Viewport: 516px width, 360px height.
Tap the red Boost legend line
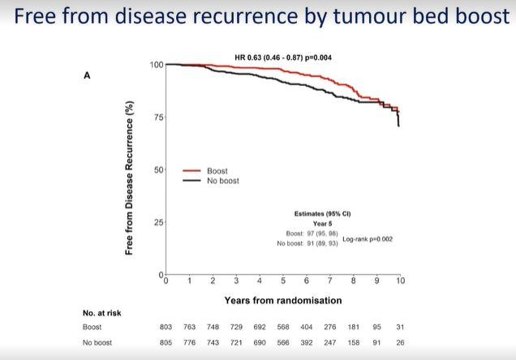point(191,171)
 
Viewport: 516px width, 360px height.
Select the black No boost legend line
point(191,181)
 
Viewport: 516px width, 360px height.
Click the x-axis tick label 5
point(283,281)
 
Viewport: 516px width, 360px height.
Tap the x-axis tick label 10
point(400,281)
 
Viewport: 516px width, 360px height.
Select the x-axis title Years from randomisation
point(282,300)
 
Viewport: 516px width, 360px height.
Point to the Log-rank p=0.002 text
point(370,239)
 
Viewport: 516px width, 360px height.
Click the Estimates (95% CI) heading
point(321,214)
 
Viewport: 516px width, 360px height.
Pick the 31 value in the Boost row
point(399,327)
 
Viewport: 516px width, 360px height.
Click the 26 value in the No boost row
point(399,342)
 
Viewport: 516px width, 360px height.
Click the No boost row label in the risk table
point(97,342)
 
